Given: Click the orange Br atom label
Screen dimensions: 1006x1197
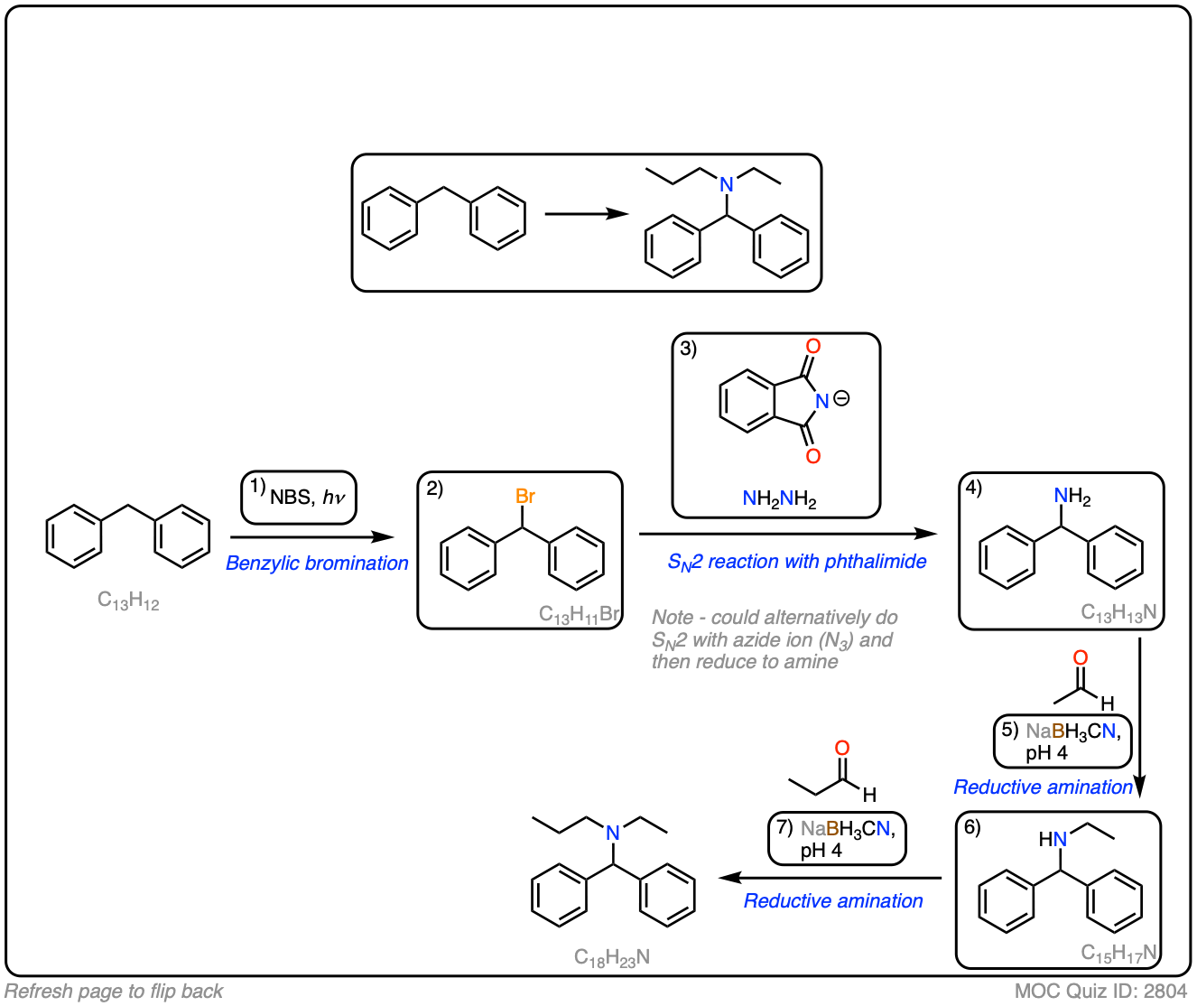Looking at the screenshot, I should [x=524, y=496].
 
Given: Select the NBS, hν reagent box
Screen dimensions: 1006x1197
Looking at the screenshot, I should [x=299, y=498].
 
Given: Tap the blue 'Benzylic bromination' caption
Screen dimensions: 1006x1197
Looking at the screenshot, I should [x=317, y=564].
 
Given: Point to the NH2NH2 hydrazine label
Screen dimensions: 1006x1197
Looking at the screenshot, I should [x=779, y=498].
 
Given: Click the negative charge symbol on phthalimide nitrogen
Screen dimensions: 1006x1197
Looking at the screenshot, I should [x=841, y=398].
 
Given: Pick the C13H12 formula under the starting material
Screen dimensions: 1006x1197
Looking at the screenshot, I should [x=128, y=601].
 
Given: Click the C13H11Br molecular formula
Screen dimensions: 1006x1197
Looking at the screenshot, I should [x=579, y=615].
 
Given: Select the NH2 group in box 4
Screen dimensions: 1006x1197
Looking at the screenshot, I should [x=1072, y=497].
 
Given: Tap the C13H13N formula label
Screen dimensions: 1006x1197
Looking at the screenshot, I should [x=1118, y=613].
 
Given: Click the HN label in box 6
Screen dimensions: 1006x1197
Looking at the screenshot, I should [x=1053, y=839].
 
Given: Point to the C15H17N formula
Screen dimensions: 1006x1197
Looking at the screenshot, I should [x=1118, y=953].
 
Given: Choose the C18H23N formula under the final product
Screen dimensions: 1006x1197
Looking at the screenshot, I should [x=612, y=958].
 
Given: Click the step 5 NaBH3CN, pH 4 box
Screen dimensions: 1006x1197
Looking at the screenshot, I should [x=1062, y=741].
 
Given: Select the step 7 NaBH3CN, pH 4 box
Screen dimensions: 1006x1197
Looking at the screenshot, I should [x=837, y=839].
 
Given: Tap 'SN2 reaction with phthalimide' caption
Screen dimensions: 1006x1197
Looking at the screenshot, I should [x=796, y=562].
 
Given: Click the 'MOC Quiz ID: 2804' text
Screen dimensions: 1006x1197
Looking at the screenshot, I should [x=1100, y=991].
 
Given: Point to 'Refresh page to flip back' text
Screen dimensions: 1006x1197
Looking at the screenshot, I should [x=114, y=992].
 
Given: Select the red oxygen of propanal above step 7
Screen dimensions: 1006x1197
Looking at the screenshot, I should [x=842, y=748].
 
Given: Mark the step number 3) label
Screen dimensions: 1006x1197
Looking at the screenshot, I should [x=689, y=349].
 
